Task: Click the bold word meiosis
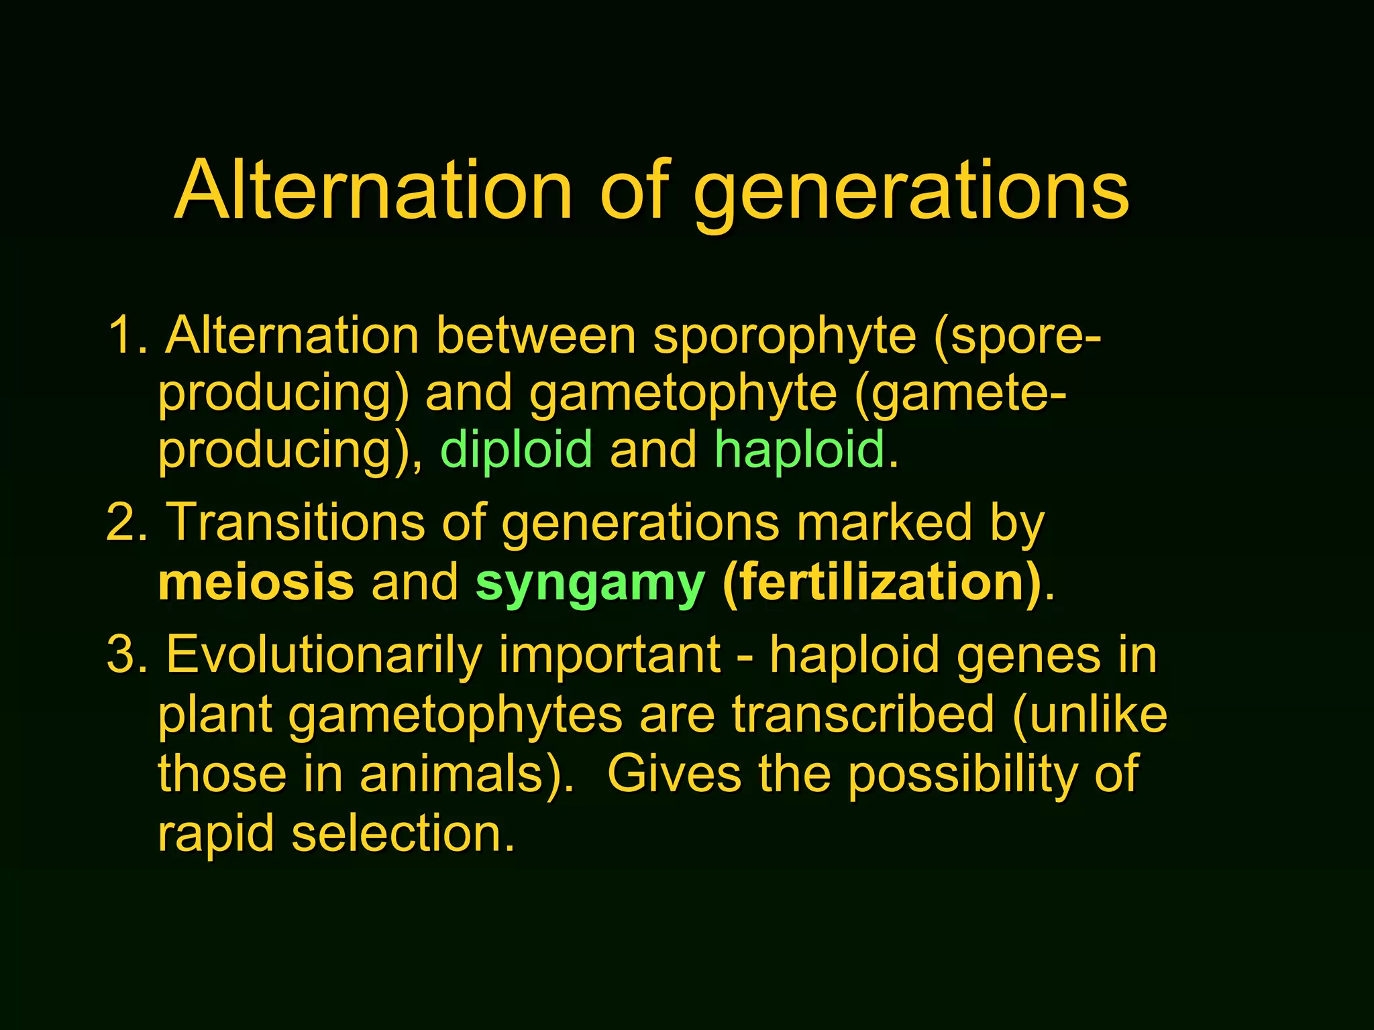256,582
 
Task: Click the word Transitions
295,522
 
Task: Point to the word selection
403,834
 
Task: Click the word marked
884,522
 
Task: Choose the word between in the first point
536,335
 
